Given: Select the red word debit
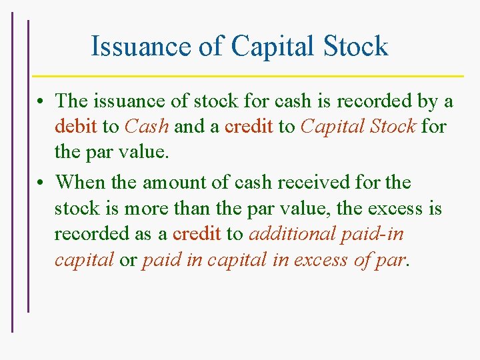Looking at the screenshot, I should coord(76,127).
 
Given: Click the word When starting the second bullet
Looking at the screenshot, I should coord(77,181).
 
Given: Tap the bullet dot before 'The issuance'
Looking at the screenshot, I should coord(41,102).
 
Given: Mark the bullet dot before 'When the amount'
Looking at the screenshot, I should coord(41,182).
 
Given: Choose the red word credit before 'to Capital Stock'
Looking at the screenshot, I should coord(249,127).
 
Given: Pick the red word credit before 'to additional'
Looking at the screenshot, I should coord(197,233).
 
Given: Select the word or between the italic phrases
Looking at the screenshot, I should coord(128,260).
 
